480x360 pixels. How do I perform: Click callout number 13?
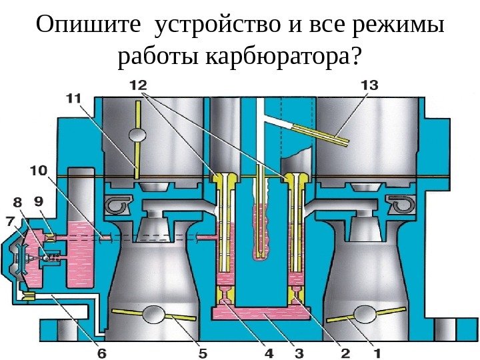(x=369, y=85)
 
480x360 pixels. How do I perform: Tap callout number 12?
(x=139, y=85)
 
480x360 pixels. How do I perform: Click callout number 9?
(x=39, y=200)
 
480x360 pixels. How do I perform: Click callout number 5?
(x=202, y=351)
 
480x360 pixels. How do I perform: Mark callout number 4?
(x=269, y=351)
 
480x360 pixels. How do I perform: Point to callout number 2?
(x=346, y=351)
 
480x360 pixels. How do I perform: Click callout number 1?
(x=377, y=351)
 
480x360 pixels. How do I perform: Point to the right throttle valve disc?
(x=365, y=313)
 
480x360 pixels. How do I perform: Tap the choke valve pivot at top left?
(x=137, y=135)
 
